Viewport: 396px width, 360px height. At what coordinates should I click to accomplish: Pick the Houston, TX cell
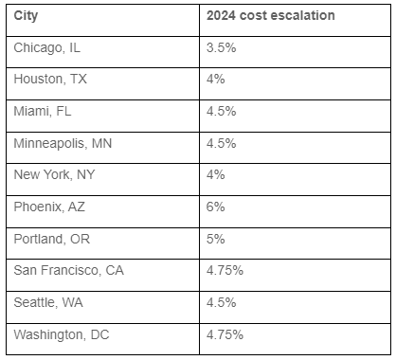point(50,79)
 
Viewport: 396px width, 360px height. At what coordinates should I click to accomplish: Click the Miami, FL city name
point(44,111)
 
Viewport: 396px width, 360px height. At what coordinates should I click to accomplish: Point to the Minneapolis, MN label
point(63,143)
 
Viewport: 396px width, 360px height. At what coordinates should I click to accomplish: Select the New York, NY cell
point(55,174)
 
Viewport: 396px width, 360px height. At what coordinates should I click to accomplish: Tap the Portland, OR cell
point(51,239)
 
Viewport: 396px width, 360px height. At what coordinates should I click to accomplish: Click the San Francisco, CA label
point(69,270)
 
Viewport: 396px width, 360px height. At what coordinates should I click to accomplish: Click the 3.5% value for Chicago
point(220,46)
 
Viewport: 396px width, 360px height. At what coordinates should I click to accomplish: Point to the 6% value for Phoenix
point(214,207)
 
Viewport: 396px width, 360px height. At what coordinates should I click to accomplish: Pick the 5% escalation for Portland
point(214,239)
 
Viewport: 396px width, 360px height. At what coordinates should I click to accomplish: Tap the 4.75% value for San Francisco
point(225,270)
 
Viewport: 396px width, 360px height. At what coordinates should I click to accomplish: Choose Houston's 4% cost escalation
point(214,79)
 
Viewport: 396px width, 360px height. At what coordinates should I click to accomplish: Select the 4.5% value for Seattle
point(220,302)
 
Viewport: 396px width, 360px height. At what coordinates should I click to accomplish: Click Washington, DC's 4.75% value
point(225,334)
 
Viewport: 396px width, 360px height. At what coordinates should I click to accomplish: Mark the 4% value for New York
point(214,174)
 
